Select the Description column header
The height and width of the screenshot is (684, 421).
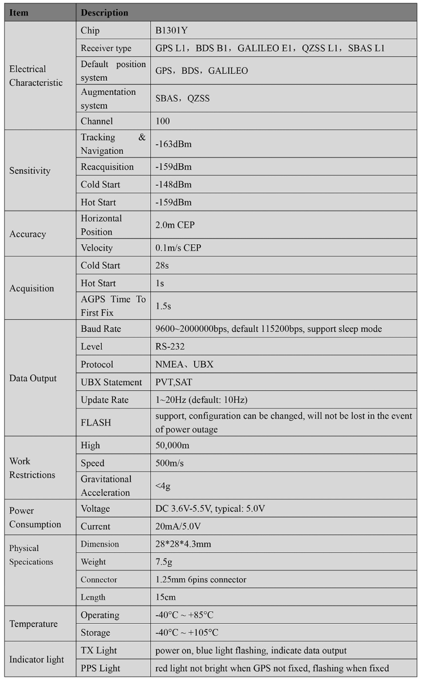[x=105, y=12]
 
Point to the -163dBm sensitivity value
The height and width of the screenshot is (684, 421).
[x=174, y=144]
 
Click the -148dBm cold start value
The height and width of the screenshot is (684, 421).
[x=174, y=185]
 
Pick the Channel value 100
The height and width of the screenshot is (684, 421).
[x=163, y=121]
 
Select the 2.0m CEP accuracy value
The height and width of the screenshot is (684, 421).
[x=175, y=225]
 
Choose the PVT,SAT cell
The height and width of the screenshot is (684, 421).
[x=173, y=382]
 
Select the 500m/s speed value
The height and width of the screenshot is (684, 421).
[x=170, y=463]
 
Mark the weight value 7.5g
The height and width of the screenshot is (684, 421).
[x=164, y=562]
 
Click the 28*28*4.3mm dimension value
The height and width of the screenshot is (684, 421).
[x=183, y=544]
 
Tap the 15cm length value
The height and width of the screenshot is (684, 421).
[x=165, y=597]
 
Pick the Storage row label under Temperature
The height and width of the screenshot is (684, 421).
[x=96, y=632]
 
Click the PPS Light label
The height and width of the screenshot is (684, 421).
[x=101, y=668]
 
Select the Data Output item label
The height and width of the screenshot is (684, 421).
[x=33, y=378]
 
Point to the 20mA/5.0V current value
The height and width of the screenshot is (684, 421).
[x=178, y=526]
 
